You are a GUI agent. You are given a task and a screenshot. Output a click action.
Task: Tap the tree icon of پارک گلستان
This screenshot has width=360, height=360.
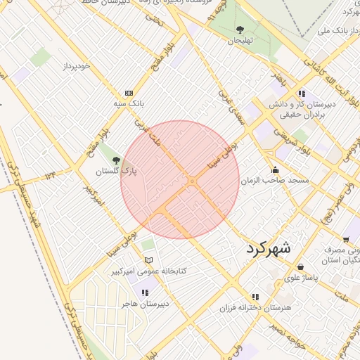point(116,160)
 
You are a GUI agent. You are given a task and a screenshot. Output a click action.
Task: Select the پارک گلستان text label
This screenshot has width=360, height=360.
point(116,171)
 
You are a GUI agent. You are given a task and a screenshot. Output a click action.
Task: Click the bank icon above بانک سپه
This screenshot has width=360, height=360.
point(129,93)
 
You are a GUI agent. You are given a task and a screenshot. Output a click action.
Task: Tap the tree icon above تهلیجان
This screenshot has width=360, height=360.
point(240,30)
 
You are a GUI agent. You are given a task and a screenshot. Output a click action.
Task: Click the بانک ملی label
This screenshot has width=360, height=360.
point(333,31)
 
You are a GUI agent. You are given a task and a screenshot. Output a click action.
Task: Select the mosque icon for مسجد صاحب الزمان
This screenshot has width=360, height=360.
point(275,169)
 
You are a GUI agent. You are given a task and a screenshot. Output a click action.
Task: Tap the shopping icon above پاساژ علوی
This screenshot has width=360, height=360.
point(301,267)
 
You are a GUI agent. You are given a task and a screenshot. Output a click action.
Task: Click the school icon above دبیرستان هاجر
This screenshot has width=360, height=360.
point(145,292)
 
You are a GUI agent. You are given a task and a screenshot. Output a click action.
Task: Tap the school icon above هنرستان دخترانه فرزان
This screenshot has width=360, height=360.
point(255,297)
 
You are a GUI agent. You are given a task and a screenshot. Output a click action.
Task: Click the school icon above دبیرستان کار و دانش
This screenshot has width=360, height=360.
point(302,94)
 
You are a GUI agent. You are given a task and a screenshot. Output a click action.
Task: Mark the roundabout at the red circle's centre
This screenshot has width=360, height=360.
point(191,181)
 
